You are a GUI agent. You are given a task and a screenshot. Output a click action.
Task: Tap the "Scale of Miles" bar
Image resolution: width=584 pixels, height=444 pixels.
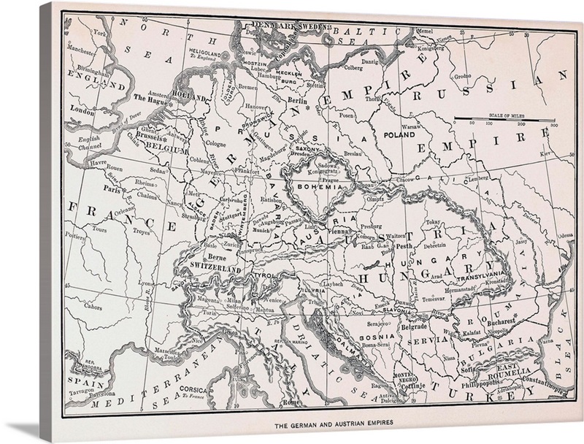(x=504, y=118)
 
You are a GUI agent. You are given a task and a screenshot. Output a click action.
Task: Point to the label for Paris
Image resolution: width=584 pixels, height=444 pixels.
(x=111, y=187)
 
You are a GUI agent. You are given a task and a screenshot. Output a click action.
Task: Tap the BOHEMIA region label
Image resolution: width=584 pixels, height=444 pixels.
(x=318, y=187)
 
